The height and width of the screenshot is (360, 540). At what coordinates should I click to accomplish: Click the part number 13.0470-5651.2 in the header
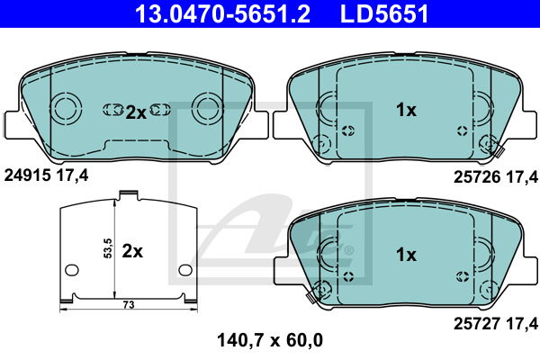point(223,13)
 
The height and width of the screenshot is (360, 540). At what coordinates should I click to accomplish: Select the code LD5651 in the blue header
point(384,13)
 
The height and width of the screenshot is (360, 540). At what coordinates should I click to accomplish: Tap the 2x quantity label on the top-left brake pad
point(136,112)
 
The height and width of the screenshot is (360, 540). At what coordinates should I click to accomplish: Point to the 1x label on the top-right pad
point(406,110)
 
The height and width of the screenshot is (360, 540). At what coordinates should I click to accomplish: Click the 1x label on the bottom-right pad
point(406,255)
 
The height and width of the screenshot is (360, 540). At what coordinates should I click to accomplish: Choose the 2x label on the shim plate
point(132,251)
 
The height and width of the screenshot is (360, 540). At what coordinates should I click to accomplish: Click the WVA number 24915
point(28,175)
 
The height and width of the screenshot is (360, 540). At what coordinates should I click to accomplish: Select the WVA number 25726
point(477,177)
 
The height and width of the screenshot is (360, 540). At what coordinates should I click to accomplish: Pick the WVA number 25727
point(477,323)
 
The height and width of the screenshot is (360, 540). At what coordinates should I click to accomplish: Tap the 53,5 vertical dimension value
point(108,248)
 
